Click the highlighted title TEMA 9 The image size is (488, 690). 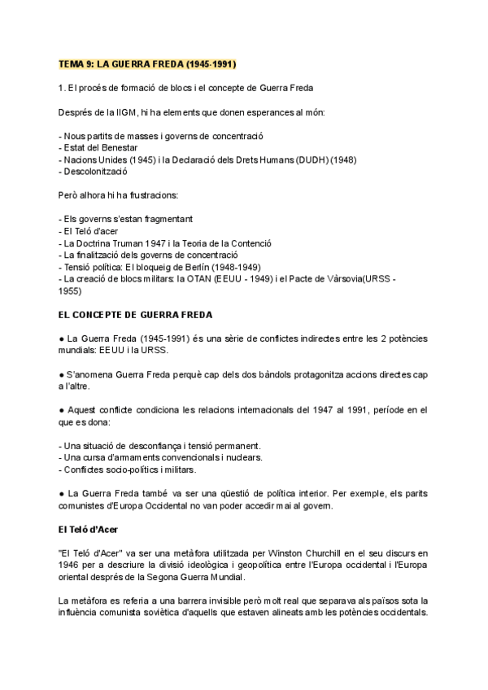[150, 63]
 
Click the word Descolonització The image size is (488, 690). [97, 172]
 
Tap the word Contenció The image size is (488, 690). [251, 243]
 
